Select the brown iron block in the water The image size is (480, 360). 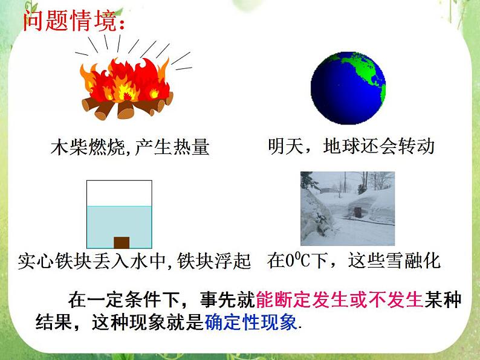pos(122,243)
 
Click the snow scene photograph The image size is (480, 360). pos(347,208)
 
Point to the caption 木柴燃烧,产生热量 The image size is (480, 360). pos(130,146)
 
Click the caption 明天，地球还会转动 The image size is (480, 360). pos(351,146)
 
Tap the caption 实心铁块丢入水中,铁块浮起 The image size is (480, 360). pos(134,262)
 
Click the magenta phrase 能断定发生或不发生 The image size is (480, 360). pos(339,300)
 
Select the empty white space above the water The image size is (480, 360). pos(118,193)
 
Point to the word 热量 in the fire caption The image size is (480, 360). pos(192,146)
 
